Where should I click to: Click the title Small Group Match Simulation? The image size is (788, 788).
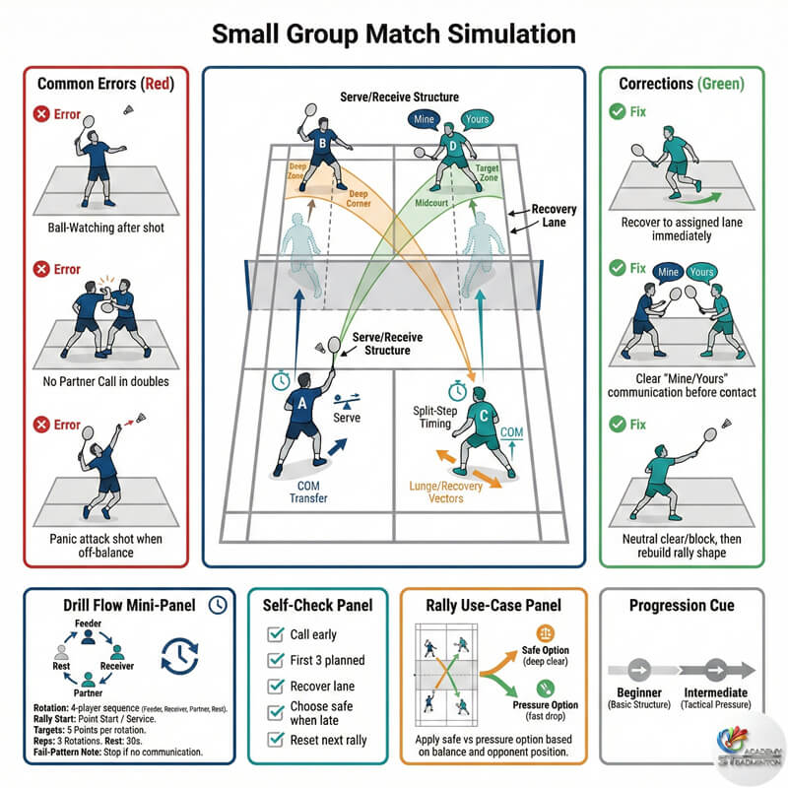[x=393, y=33]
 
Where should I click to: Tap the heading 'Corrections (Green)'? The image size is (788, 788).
[x=682, y=85]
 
